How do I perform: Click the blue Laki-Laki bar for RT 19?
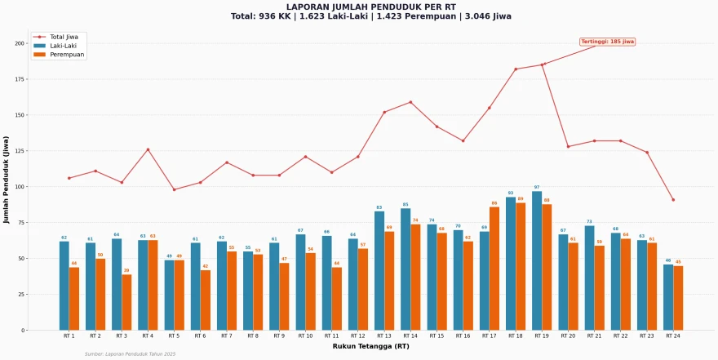pyautogui.click(x=537, y=260)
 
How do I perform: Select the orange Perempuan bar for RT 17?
pyautogui.click(x=494, y=269)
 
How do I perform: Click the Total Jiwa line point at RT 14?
pyautogui.click(x=410, y=102)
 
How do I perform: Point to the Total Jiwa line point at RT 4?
pyautogui.click(x=148, y=149)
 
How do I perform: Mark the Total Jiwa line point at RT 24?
pyautogui.click(x=673, y=200)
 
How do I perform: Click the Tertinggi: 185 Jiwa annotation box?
pyautogui.click(x=607, y=42)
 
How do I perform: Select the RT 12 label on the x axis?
pyautogui.click(x=357, y=336)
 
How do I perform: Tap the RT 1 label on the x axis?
pyautogui.click(x=69, y=336)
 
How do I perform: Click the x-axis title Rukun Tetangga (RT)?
pyautogui.click(x=370, y=346)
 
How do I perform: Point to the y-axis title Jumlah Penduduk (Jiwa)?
pyautogui.click(x=7, y=180)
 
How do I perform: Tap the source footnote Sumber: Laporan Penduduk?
pyautogui.click(x=130, y=354)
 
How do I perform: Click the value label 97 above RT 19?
pyautogui.click(x=537, y=187)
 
